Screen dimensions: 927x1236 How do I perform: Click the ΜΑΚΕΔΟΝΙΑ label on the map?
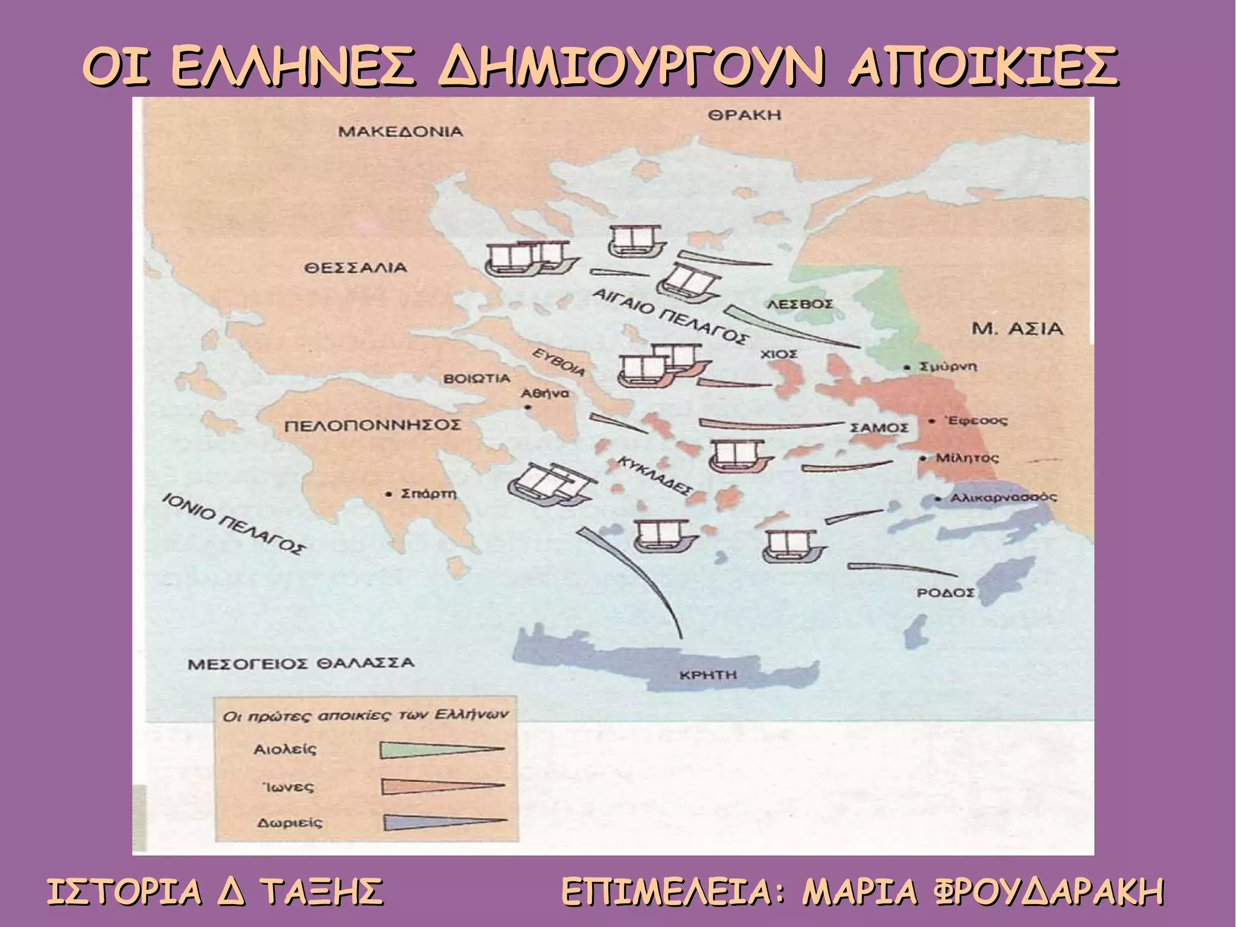400,132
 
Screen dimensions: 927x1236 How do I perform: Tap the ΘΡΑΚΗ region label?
744,115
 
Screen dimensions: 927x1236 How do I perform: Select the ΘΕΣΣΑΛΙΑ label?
355,268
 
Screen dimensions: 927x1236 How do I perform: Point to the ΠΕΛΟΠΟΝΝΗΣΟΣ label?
372,426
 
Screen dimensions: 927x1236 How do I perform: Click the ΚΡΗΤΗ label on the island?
708,675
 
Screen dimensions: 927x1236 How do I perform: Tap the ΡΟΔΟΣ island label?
945,592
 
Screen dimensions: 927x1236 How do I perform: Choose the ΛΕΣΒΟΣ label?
800,304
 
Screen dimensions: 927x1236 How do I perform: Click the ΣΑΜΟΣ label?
879,428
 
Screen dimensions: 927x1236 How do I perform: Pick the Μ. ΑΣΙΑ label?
1018,329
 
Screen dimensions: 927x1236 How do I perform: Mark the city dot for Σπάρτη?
389,495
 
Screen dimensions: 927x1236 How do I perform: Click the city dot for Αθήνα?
527,408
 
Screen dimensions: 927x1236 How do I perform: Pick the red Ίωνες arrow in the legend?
442,786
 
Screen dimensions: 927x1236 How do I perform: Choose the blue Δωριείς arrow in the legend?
444,822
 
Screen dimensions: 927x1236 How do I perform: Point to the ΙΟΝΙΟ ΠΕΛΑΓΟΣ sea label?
234,523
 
